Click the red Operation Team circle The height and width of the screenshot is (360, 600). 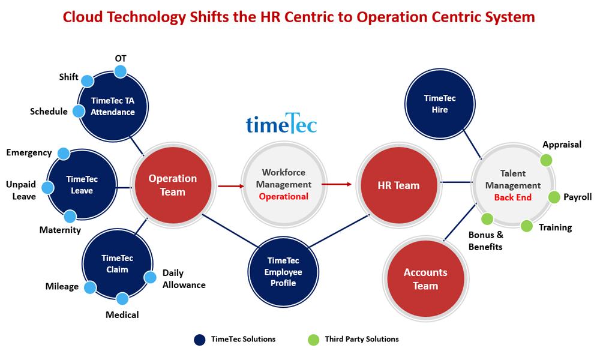[173, 185]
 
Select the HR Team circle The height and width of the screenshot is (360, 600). [398, 185]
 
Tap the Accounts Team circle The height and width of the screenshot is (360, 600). [425, 279]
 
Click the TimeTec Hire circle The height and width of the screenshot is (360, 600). [439, 104]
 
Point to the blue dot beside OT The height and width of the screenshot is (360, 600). [120, 71]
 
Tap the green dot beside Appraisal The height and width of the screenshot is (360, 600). [546, 160]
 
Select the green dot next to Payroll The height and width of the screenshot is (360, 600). [554, 197]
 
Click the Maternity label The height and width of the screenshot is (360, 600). [60, 230]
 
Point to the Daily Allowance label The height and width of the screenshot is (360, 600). [184, 279]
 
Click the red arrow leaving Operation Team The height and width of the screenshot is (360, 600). [230, 186]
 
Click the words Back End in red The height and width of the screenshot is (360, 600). [512, 197]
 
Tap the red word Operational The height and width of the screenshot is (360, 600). [283, 196]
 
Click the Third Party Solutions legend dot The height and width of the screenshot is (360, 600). [313, 340]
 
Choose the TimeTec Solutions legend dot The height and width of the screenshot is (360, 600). [200, 340]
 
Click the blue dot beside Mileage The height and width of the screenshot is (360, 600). [90, 288]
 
